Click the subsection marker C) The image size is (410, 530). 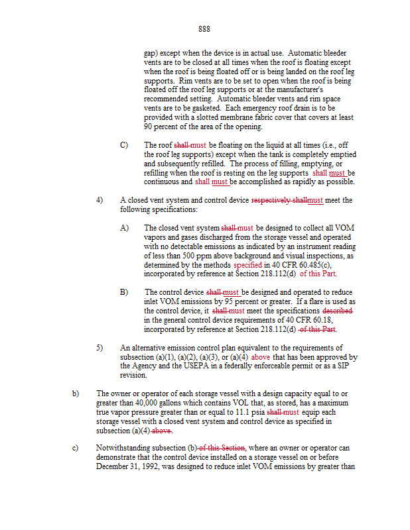[124, 144]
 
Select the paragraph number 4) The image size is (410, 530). [100, 200]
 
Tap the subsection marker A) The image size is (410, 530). [124, 227]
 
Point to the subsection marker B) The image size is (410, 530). [124, 291]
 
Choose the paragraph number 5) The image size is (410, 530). [100, 347]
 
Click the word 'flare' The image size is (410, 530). [328, 301]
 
